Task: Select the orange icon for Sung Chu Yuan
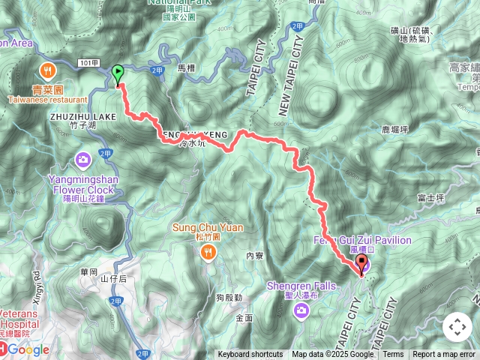click(207, 252)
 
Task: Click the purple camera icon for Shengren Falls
click(301, 310)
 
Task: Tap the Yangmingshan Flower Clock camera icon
click(83, 160)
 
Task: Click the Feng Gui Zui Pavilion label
click(362, 240)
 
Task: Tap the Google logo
click(28, 349)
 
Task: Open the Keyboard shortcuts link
click(250, 355)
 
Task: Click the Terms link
click(393, 355)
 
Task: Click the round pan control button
click(457, 327)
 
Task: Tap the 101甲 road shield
click(88, 64)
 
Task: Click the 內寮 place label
click(255, 256)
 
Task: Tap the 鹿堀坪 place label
click(393, 130)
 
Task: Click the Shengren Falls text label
click(301, 286)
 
